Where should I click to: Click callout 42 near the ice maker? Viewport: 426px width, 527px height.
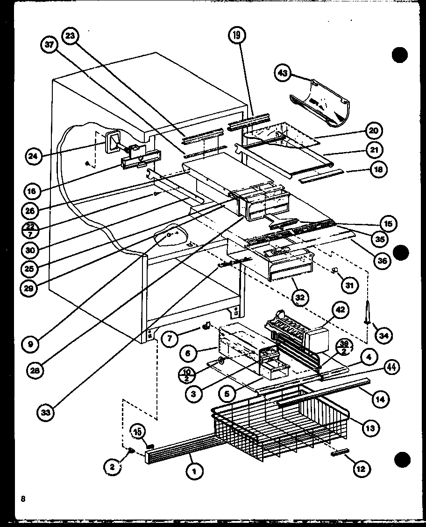coord(340,309)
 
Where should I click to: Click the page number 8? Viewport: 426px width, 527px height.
coord(22,499)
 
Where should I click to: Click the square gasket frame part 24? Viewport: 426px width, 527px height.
coord(111,142)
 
